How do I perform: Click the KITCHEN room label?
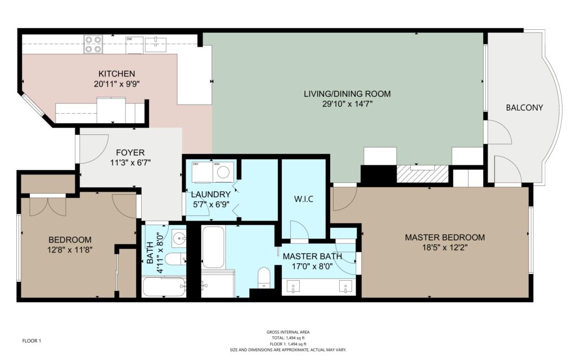pos(116,74)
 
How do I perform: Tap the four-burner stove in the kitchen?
pos(93,44)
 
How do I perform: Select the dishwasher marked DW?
pos(134,45)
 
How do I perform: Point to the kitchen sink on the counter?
pos(155,45)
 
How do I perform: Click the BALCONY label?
pos(524,107)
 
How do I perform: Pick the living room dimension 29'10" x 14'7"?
pos(347,104)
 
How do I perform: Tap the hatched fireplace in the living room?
pos(423,174)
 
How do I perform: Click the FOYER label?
pos(130,152)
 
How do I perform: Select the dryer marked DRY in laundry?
pos(202,172)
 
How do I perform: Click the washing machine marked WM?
pos(223,172)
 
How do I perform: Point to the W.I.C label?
pos(303,199)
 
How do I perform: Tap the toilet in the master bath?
pos(264,278)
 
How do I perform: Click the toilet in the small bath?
pos(175,259)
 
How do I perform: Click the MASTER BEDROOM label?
pos(444,237)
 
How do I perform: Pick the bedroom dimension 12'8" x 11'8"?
pos(70,250)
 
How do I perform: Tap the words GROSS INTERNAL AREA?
pos(288,332)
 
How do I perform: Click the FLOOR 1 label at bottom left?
pos(31,341)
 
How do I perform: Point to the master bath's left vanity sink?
pos(293,286)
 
